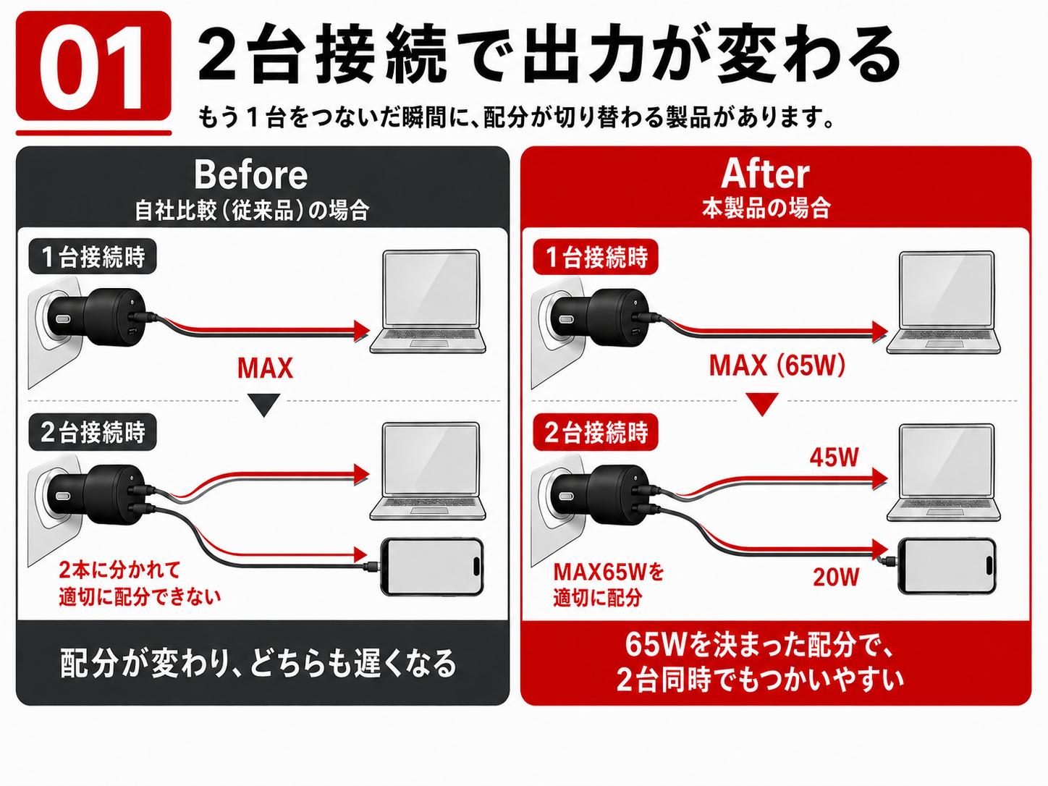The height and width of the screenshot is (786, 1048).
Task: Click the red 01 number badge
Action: [93, 67]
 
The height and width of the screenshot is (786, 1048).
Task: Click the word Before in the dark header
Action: [250, 175]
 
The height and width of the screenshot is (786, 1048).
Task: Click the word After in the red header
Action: [765, 174]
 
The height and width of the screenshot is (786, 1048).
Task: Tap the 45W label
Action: [834, 457]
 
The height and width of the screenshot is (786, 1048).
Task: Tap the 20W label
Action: [836, 577]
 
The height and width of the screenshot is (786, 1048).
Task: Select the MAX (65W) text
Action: [777, 366]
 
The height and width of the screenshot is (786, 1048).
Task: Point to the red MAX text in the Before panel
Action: [265, 368]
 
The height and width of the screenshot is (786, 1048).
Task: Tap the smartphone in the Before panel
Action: [431, 567]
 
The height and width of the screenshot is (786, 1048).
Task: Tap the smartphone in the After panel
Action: [947, 566]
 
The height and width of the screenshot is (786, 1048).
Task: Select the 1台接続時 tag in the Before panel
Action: [93, 257]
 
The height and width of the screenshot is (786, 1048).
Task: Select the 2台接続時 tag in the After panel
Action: [596, 432]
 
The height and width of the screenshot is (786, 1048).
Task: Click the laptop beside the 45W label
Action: [944, 472]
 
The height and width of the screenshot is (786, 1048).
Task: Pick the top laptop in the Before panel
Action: [428, 301]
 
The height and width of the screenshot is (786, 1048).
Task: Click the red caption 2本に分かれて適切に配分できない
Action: [140, 583]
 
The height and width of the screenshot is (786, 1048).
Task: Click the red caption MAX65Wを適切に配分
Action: [609, 585]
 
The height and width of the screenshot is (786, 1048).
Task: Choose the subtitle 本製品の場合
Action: [766, 208]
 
